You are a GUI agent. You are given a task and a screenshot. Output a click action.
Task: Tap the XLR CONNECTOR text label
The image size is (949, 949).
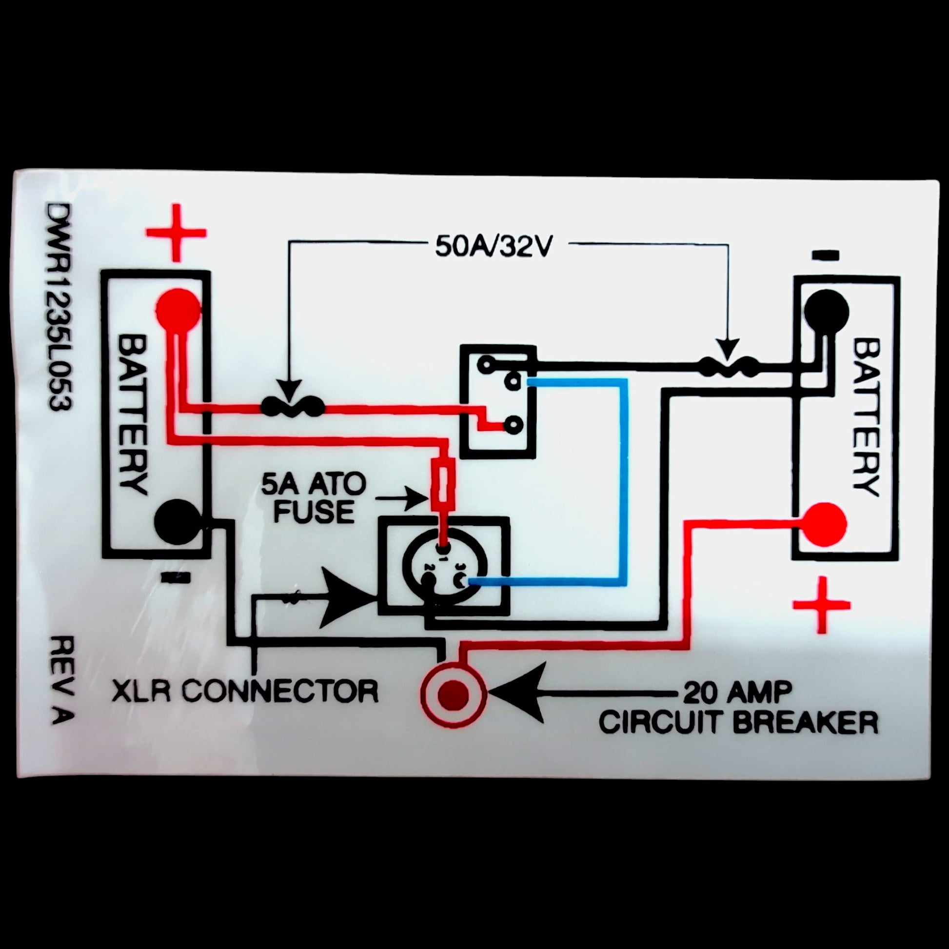click(245, 691)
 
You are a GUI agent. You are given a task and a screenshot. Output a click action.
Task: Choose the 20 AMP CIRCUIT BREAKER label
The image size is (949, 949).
click(738, 707)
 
